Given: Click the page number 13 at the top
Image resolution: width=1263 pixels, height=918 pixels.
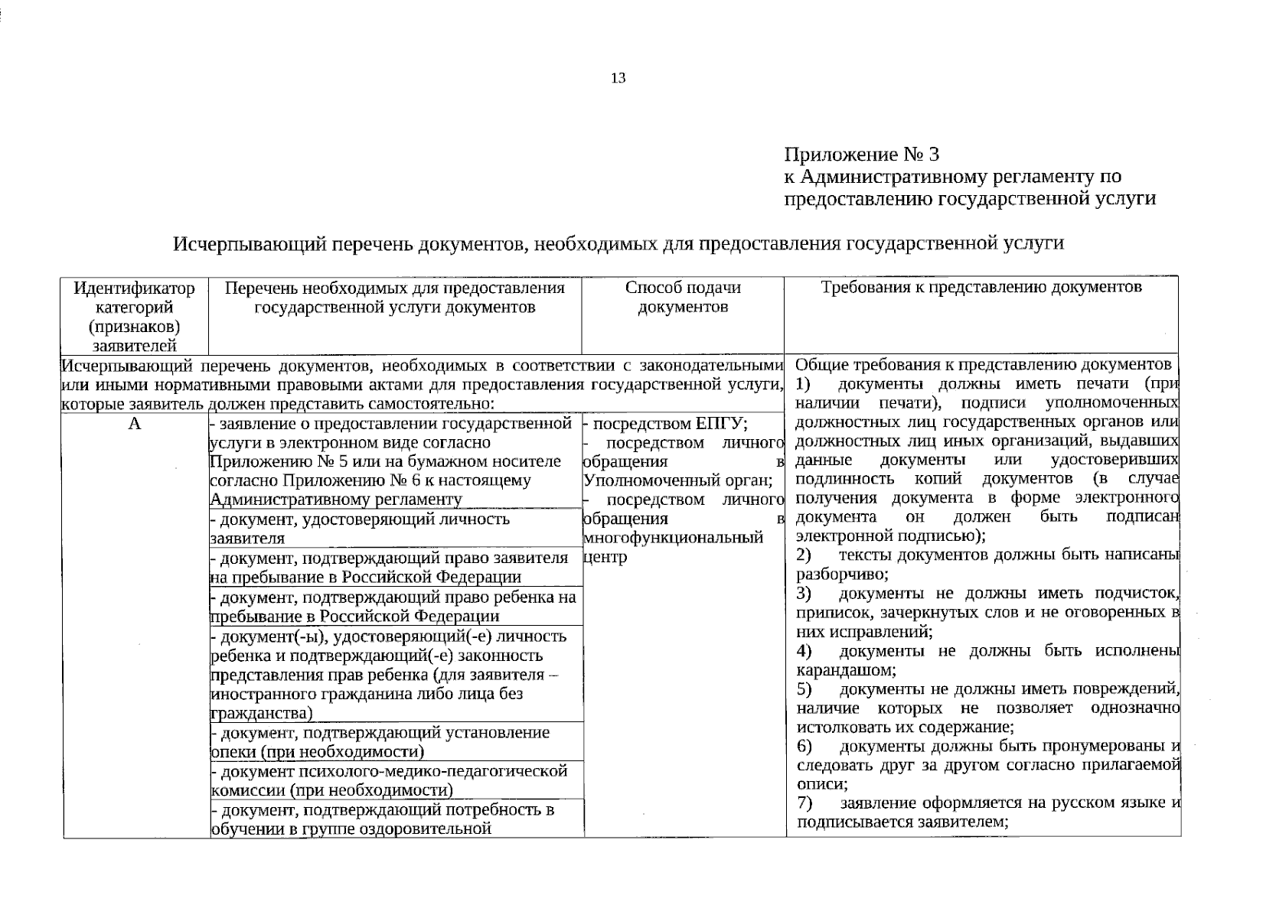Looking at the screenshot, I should click(x=618, y=78).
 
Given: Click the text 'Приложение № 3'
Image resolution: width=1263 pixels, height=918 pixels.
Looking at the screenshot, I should click(x=861, y=155).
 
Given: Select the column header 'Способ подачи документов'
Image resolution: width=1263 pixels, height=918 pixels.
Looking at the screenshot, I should click(x=683, y=298).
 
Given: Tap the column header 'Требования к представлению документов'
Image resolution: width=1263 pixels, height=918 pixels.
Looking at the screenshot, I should click(x=981, y=288).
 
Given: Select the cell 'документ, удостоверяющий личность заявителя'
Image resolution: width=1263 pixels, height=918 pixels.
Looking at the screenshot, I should click(x=360, y=529).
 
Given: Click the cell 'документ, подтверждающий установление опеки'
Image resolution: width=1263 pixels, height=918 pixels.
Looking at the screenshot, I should click(x=380, y=742).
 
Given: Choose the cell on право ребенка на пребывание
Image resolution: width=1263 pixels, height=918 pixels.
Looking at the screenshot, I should click(x=392, y=607).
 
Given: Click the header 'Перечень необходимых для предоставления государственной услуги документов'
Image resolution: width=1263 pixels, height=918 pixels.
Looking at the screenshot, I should click(x=394, y=298).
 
